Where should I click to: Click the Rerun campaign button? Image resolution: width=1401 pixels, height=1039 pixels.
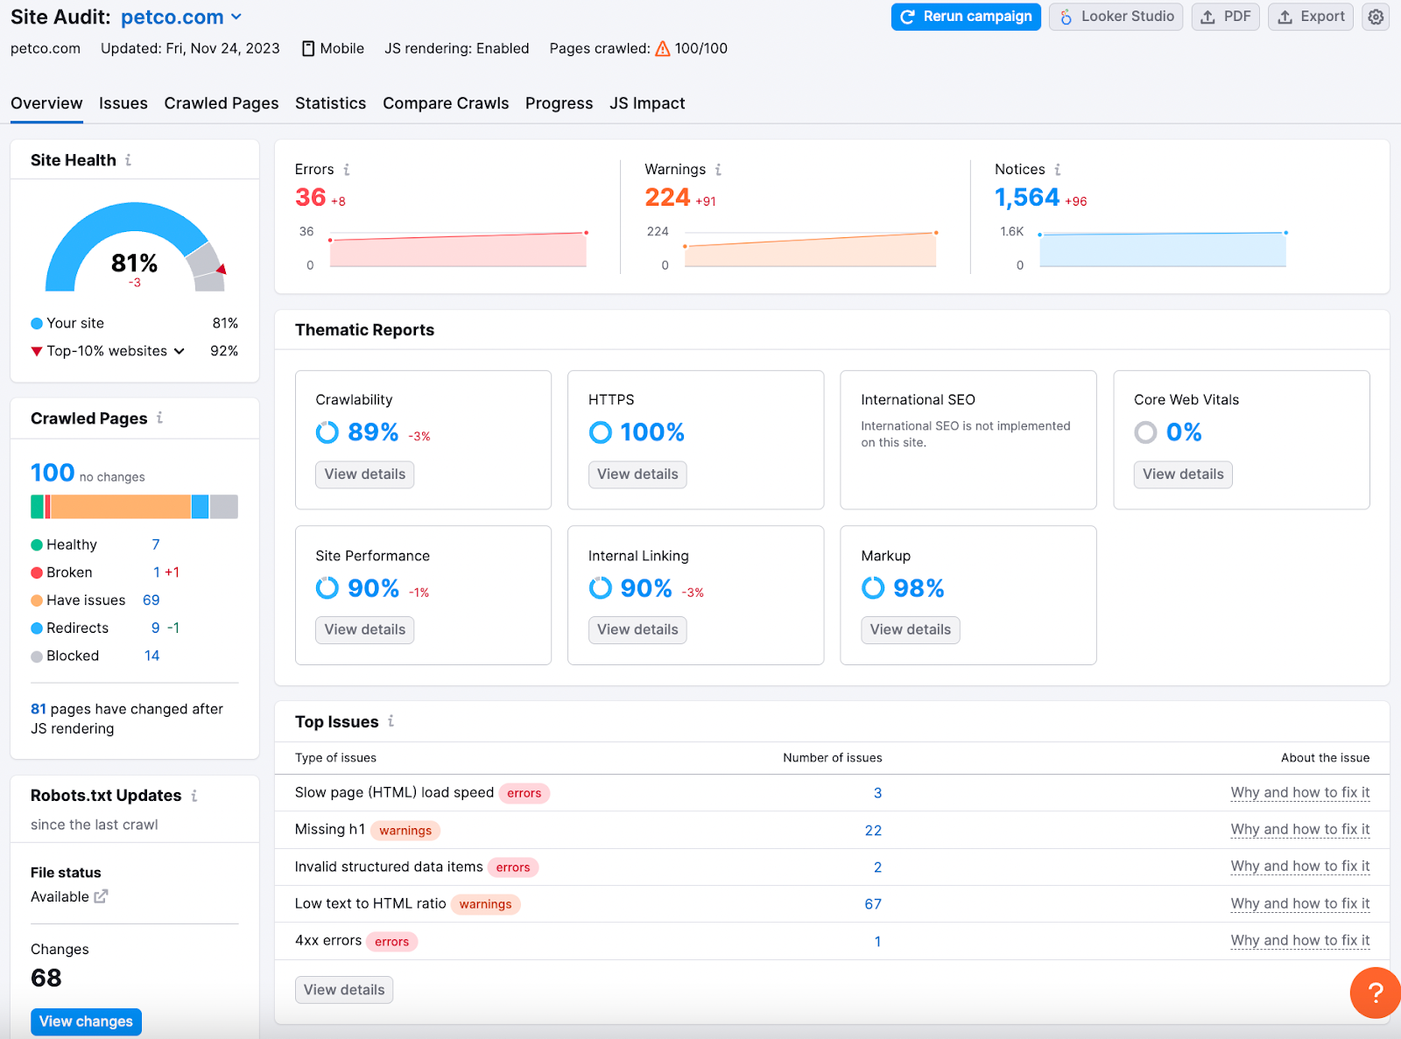[966, 17]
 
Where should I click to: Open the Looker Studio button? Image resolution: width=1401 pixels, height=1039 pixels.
[1116, 17]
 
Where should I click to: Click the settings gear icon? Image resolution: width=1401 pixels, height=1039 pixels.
[1376, 17]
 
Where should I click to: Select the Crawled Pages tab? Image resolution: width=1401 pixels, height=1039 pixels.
[222, 103]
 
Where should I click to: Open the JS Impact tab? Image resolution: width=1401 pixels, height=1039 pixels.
[647, 103]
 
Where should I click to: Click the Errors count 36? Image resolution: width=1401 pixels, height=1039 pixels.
[311, 198]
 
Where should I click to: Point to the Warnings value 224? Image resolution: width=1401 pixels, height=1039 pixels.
[667, 198]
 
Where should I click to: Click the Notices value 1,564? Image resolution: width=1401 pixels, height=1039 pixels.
[1026, 198]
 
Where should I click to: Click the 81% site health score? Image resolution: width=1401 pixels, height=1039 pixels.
[134, 263]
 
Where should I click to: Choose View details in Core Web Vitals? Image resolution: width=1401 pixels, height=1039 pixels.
[1182, 474]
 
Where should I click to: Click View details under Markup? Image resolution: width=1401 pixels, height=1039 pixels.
[910, 629]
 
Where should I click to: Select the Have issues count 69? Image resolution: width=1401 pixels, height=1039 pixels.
[151, 600]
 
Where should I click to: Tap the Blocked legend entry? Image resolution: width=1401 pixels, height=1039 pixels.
[73, 656]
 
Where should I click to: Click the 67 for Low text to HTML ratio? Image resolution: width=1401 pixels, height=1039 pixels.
[873, 904]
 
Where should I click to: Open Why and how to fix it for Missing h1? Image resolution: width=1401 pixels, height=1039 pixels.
[1299, 829]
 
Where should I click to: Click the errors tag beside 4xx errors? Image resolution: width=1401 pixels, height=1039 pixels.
[391, 942]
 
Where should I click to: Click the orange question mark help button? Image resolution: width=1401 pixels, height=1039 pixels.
[1375, 993]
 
